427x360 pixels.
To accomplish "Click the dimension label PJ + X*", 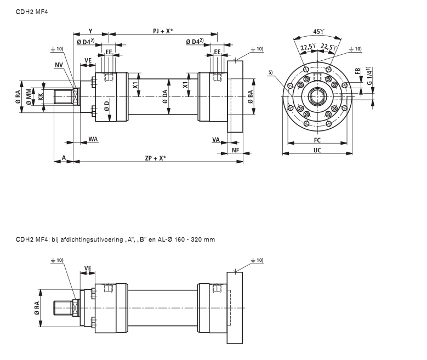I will pos(162,31).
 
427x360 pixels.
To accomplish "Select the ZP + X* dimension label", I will pos(156,158).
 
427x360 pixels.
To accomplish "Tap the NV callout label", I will pos(59,65).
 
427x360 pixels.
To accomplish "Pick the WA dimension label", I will pos(93,140).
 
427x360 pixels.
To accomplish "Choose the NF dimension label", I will pos(235,150).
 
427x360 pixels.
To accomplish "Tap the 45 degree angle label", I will pos(317,31).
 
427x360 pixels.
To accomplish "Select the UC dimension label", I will pos(317,150).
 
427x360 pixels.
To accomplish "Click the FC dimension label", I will pos(317,140).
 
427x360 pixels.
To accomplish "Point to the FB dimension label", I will pos(357,72).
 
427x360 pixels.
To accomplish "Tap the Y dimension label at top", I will pos(90,31).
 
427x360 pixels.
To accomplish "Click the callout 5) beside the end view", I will pos(271,72).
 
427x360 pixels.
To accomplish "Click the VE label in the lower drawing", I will pos(87,268).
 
